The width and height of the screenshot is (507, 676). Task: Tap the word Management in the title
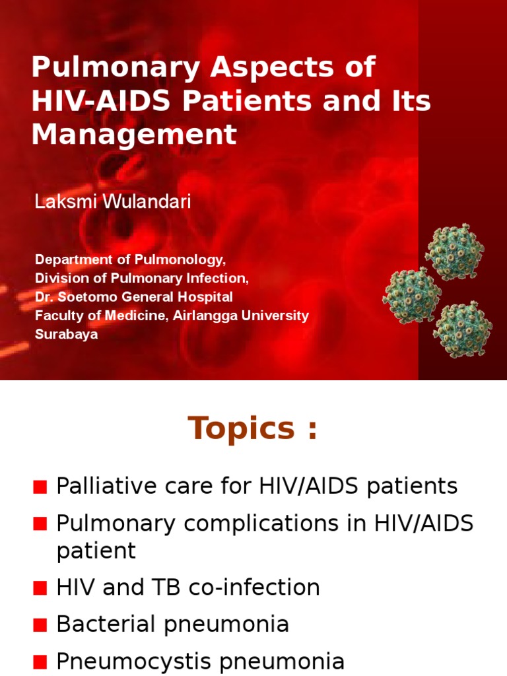point(134,134)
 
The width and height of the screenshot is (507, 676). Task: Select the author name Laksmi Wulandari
point(113,202)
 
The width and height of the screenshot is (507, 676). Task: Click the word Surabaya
point(67,334)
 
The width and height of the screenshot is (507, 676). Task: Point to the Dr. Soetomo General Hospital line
point(134,297)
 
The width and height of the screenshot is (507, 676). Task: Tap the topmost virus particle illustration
point(454,252)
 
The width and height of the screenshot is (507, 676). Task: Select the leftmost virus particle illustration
point(412,294)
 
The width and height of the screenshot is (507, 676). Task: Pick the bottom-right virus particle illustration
point(462,328)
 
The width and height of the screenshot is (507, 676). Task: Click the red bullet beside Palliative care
point(40,487)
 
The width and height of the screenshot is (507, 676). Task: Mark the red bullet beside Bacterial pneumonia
point(40,625)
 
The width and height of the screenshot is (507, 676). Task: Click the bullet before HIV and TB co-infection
point(40,588)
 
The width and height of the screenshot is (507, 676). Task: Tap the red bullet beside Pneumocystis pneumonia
point(40,661)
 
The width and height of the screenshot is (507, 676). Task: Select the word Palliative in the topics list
point(98,487)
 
